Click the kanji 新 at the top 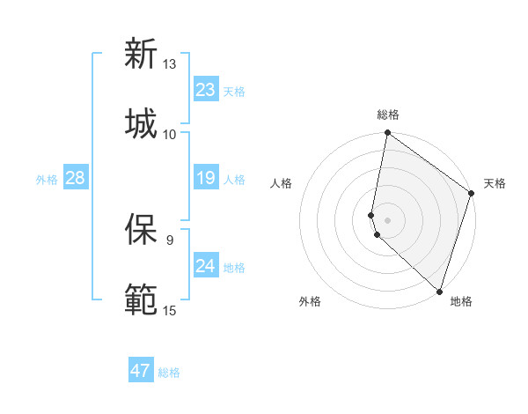(141, 54)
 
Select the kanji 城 (141, 122)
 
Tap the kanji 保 (141, 229)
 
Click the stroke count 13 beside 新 (170, 64)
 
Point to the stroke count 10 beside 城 (170, 134)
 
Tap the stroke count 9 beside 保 (170, 240)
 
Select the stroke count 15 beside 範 (170, 310)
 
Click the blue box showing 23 (206, 90)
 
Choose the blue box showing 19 (206, 179)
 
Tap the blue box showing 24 (206, 266)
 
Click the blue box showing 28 (75, 179)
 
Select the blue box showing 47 (141, 371)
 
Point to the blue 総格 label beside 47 (169, 373)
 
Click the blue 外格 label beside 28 (47, 180)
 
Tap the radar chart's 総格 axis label (388, 115)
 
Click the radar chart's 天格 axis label (495, 183)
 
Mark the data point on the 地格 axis (439, 291)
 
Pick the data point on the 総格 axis (387, 134)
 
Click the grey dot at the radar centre (387, 219)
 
